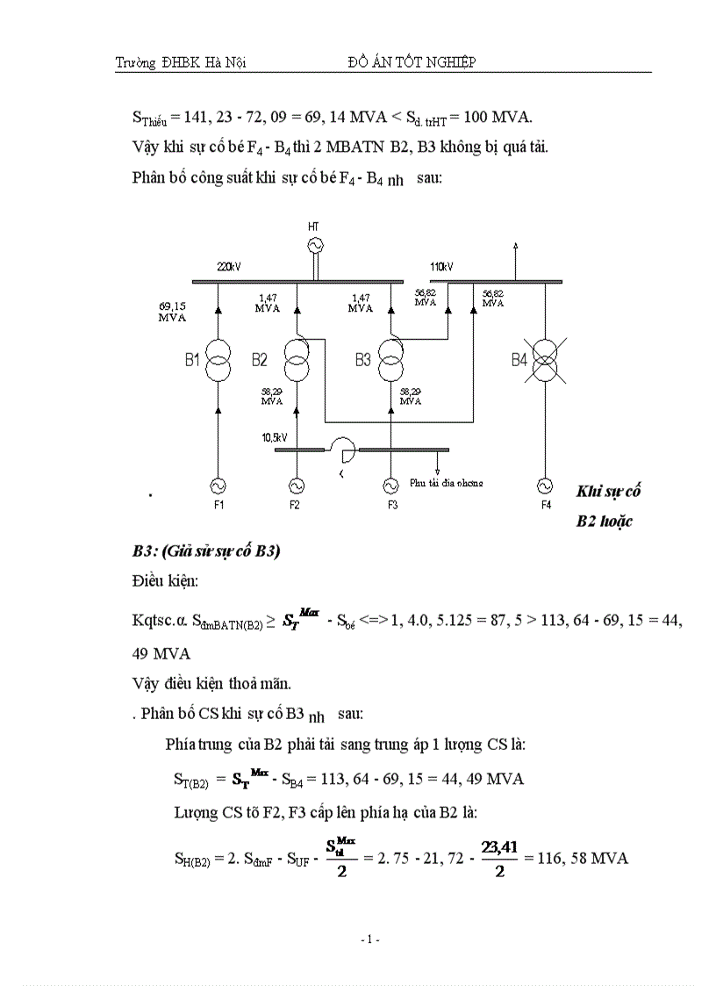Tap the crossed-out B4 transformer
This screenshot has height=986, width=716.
(546, 359)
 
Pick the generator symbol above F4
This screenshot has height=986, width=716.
(546, 485)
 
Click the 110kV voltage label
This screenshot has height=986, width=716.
(441, 266)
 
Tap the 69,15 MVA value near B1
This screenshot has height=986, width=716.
(172, 312)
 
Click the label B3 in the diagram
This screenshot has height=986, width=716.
(363, 359)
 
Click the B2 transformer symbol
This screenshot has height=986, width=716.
(297, 359)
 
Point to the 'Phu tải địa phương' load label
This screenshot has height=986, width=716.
(447, 482)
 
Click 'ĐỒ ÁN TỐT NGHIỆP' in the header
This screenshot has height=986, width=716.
(412, 61)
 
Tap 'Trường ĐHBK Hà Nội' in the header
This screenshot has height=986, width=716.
(180, 62)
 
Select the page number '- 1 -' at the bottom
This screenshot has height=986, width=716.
(369, 939)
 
